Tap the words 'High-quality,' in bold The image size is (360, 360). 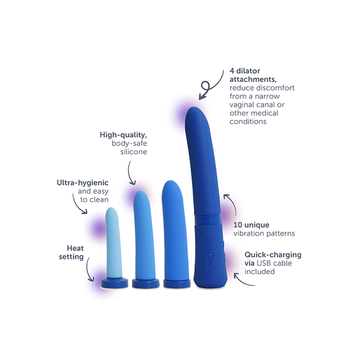(123, 135)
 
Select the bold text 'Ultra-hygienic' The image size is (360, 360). (83, 182)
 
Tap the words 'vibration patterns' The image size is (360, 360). (265, 234)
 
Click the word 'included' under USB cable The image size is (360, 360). (260, 272)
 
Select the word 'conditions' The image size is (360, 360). (248, 121)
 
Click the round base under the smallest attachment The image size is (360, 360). (115, 283)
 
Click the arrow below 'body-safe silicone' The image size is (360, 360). (130, 174)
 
